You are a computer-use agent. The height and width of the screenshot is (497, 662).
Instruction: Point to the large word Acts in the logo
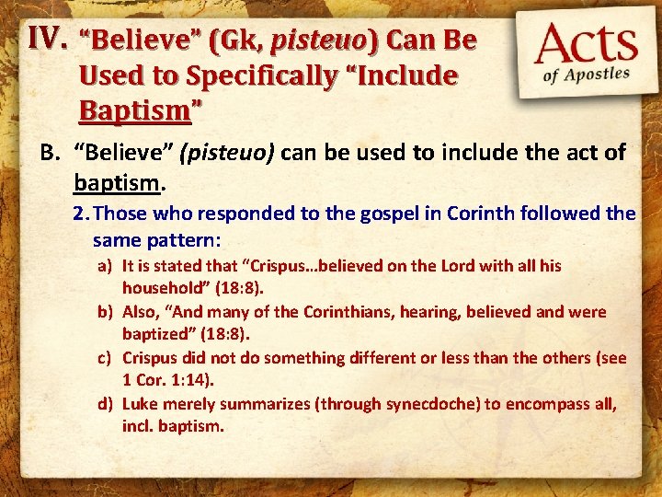coord(588,45)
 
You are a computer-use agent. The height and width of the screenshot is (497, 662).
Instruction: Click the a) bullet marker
coord(107,266)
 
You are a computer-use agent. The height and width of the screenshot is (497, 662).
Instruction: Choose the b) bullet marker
coord(107,312)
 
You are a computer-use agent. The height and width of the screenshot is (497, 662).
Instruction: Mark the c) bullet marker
coord(107,357)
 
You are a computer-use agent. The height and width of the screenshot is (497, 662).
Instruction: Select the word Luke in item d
coord(140,403)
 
